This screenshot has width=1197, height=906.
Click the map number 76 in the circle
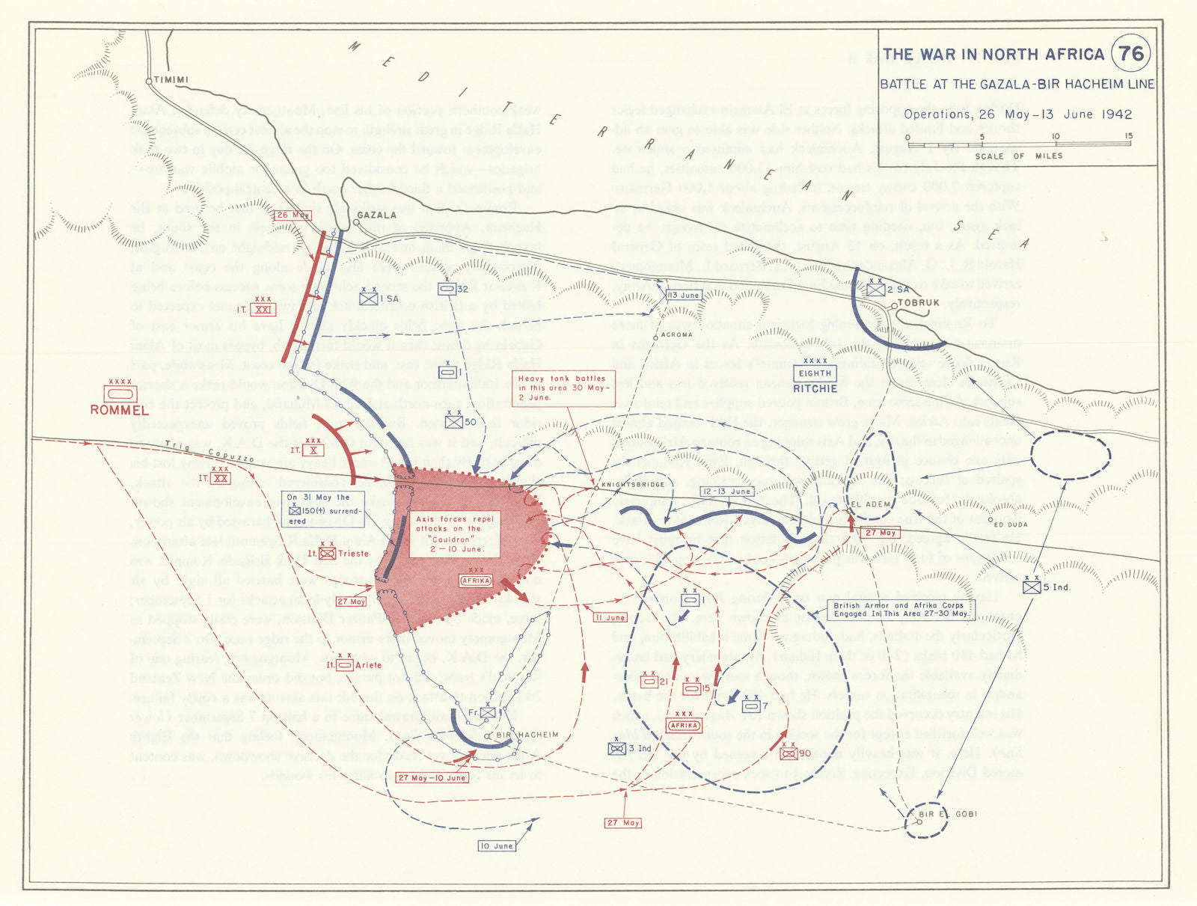coord(1131,54)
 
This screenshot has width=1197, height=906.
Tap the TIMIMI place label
coord(171,80)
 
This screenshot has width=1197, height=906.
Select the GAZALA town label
coord(376,215)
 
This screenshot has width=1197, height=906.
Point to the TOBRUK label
coord(918,303)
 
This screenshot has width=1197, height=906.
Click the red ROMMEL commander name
coord(120,410)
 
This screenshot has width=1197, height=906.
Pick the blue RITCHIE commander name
coord(815,389)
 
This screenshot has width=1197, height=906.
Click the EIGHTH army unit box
coord(815,373)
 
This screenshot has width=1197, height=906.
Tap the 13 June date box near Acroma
coord(683,295)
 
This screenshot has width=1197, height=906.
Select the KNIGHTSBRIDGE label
coord(634,485)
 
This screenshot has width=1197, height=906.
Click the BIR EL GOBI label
coord(948,814)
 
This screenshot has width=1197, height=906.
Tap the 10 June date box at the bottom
coord(497,846)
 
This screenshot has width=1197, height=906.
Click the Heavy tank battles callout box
coord(563,388)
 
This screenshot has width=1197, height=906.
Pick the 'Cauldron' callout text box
coord(455,533)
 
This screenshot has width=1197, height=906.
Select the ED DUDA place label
coord(1010,524)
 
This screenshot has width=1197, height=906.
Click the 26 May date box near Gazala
coord(292,215)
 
